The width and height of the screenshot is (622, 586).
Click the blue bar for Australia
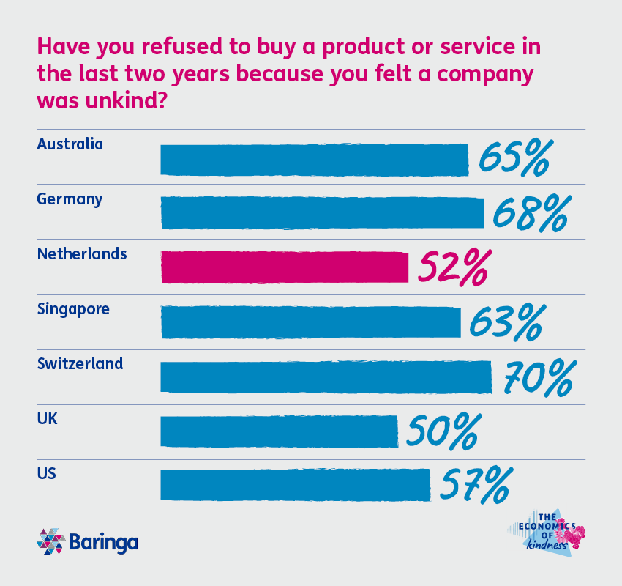click(x=314, y=160)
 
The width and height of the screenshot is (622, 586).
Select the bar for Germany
click(x=322, y=213)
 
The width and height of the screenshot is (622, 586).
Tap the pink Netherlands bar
click(x=284, y=267)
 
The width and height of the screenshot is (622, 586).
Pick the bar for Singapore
click(x=310, y=322)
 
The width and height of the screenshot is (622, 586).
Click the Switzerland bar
click(x=326, y=377)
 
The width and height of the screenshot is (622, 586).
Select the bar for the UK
click(x=279, y=431)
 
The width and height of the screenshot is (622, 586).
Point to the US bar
click(x=295, y=485)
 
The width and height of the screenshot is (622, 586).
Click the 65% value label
click(x=514, y=160)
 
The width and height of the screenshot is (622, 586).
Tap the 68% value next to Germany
click(x=529, y=213)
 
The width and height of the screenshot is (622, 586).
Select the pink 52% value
click(x=452, y=268)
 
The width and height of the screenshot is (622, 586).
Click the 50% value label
click(x=443, y=431)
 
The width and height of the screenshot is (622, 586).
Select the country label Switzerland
click(x=80, y=363)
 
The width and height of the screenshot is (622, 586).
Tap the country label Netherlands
click(x=81, y=254)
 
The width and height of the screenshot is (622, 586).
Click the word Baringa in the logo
click(x=104, y=543)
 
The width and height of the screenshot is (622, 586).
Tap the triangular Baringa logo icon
click(x=51, y=542)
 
